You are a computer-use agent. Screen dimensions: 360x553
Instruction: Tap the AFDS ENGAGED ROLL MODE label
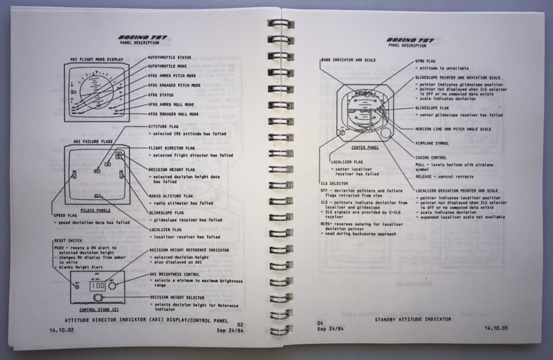[x=173, y=114]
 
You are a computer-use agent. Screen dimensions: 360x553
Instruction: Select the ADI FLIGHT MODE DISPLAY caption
[x=96, y=59]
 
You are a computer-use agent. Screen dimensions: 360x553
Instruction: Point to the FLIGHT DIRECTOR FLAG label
[x=171, y=148]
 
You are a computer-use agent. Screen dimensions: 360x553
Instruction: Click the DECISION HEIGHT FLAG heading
[x=171, y=170]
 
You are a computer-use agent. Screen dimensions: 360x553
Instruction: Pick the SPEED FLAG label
[x=65, y=216]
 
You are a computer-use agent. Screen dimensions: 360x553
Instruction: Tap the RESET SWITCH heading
[x=68, y=240]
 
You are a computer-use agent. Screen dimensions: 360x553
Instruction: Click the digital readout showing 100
[x=98, y=286]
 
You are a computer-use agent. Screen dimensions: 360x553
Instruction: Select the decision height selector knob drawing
[x=98, y=297]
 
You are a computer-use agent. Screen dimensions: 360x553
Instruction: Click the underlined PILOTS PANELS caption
[x=95, y=210]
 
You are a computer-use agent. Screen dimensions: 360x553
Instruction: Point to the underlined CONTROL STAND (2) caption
[x=99, y=310]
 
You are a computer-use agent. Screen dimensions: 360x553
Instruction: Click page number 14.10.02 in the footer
[x=62, y=330]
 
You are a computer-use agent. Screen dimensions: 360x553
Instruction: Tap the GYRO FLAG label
[x=425, y=61]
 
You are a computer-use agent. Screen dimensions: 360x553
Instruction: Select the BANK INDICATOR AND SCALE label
[x=348, y=60]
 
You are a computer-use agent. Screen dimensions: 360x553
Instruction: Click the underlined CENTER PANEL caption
[x=365, y=148]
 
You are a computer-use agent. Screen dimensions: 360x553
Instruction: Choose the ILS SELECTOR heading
[x=334, y=183]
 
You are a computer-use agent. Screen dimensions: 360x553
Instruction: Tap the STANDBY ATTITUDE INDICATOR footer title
[x=413, y=320]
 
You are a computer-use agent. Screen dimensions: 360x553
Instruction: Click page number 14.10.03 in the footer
[x=496, y=328]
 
